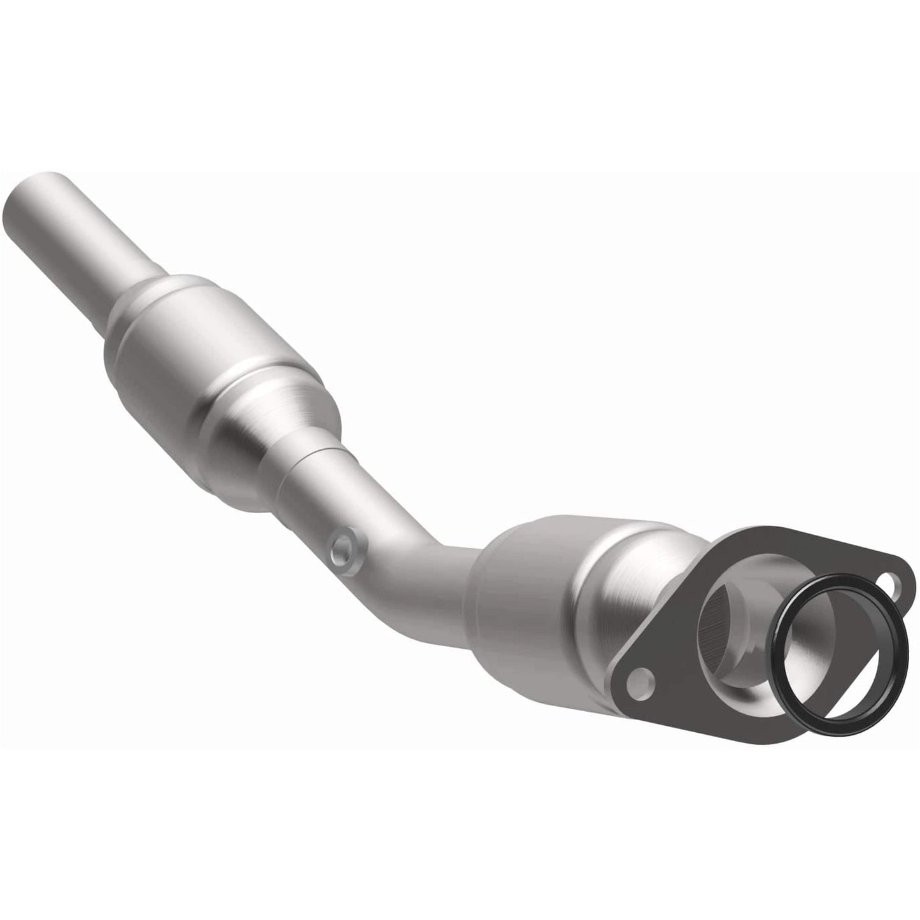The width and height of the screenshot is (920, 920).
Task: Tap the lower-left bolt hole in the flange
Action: point(640,683)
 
